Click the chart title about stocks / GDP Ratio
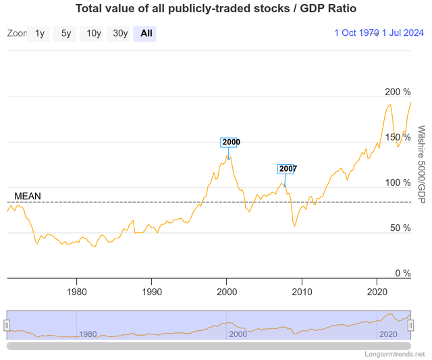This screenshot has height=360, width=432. tap(215, 9)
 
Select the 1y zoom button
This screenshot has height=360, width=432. tap(40, 33)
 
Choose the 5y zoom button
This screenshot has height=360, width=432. tap(66, 33)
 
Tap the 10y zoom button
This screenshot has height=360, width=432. tap(93, 33)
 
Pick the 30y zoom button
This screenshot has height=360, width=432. tap(120, 33)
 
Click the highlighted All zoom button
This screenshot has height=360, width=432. tap(146, 33)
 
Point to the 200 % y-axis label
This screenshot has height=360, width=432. tap(397, 92)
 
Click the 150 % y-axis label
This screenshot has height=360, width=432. tap(397, 137)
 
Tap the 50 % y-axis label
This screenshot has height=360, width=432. tap(400, 228)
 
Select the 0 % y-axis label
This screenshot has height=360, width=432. tap(402, 274)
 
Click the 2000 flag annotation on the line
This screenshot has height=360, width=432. tap(230, 143)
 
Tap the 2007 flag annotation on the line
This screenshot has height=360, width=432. tap(287, 169)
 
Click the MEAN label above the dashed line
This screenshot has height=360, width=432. tap(28, 197)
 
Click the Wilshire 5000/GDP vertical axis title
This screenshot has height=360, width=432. tap(421, 165)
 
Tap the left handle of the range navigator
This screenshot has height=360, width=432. tap(7, 326)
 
